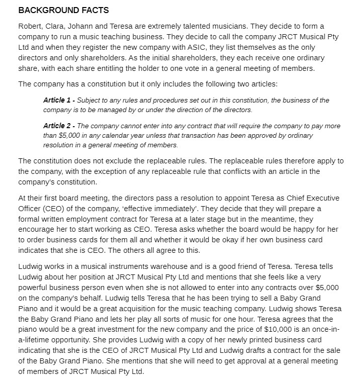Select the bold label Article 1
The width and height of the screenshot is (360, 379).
[59, 101]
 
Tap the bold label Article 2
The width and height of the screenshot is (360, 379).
[59, 126]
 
